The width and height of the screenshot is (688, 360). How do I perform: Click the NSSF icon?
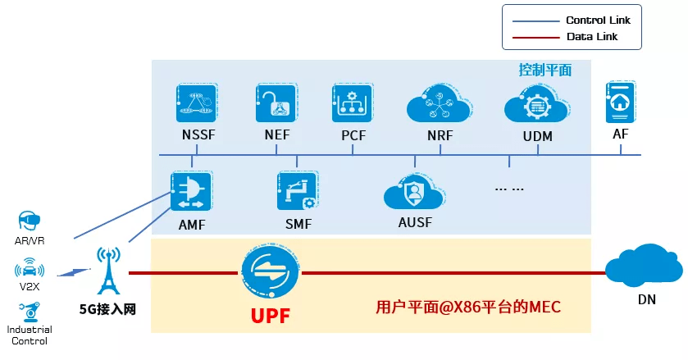point(197,103)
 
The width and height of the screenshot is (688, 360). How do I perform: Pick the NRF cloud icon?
point(440,106)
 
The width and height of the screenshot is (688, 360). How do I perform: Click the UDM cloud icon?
point(536,106)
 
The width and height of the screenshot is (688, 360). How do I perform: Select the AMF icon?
point(190,192)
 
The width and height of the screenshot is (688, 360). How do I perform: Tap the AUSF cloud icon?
point(414,194)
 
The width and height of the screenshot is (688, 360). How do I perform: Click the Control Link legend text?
point(598,20)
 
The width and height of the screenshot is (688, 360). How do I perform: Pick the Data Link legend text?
point(591,37)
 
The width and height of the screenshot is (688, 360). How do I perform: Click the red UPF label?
point(270,315)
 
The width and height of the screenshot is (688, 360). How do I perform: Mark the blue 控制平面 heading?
point(544,70)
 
